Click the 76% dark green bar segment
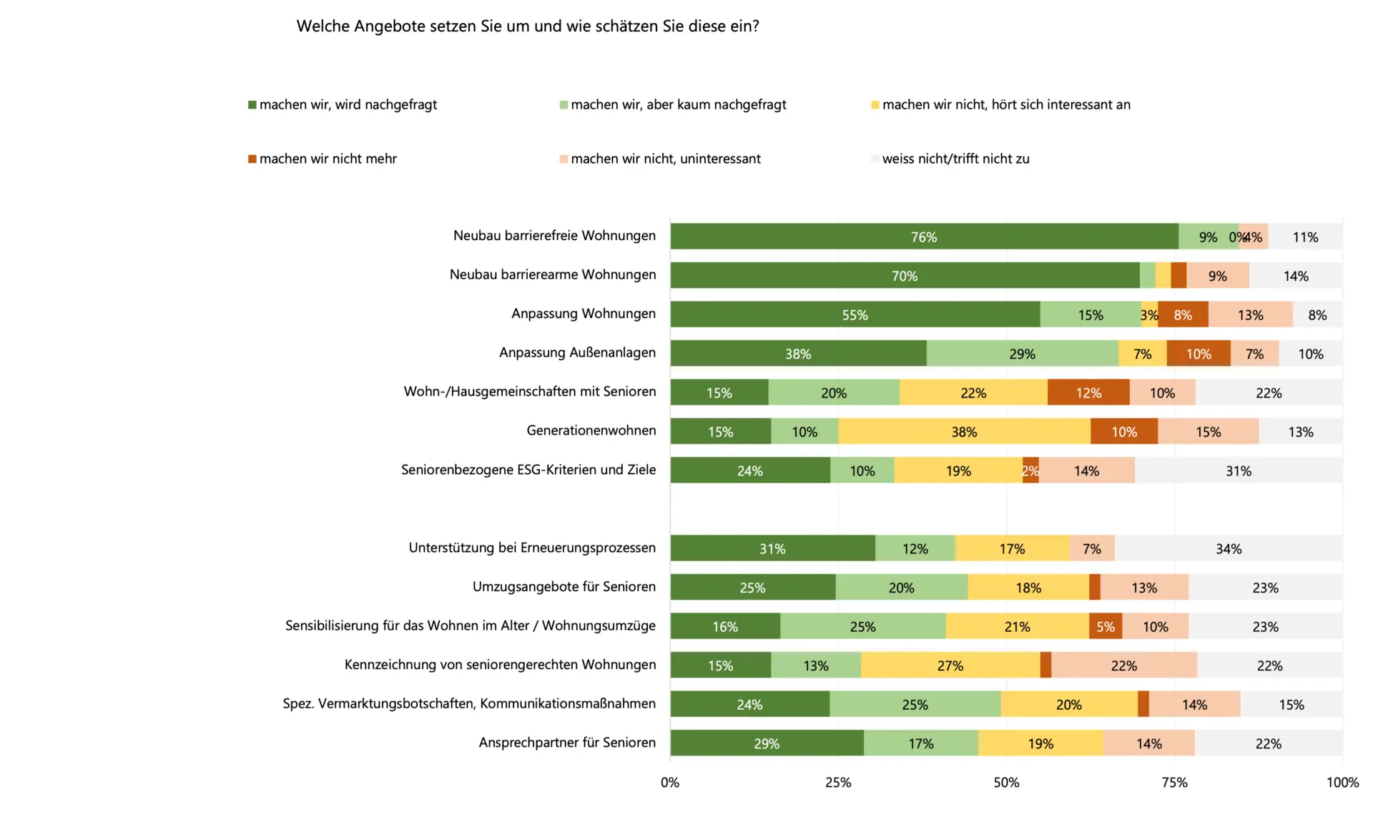coord(924,237)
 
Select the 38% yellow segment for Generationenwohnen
coord(964,432)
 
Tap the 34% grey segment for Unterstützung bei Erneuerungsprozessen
coord(1228,549)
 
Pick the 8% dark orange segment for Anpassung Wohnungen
coord(1183,315)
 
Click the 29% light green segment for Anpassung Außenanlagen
coord(1022,354)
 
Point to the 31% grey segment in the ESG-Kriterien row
coord(1238,470)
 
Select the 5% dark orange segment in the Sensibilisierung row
coord(1106,626)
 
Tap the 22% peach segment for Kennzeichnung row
coord(1123,666)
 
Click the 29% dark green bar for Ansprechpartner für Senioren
coord(767,743)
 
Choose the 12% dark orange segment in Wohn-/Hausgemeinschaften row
coord(1088,392)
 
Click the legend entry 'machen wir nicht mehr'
coord(328,159)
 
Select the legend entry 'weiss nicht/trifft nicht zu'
coord(955,159)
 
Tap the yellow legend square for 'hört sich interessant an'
coord(875,105)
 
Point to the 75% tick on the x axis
coord(1174,782)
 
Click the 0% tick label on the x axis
coord(670,782)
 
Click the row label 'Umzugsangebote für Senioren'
coord(564,587)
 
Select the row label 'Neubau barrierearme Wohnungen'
coord(552,275)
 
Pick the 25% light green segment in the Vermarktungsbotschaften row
coord(915,704)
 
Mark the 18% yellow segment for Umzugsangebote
coord(1028,588)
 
